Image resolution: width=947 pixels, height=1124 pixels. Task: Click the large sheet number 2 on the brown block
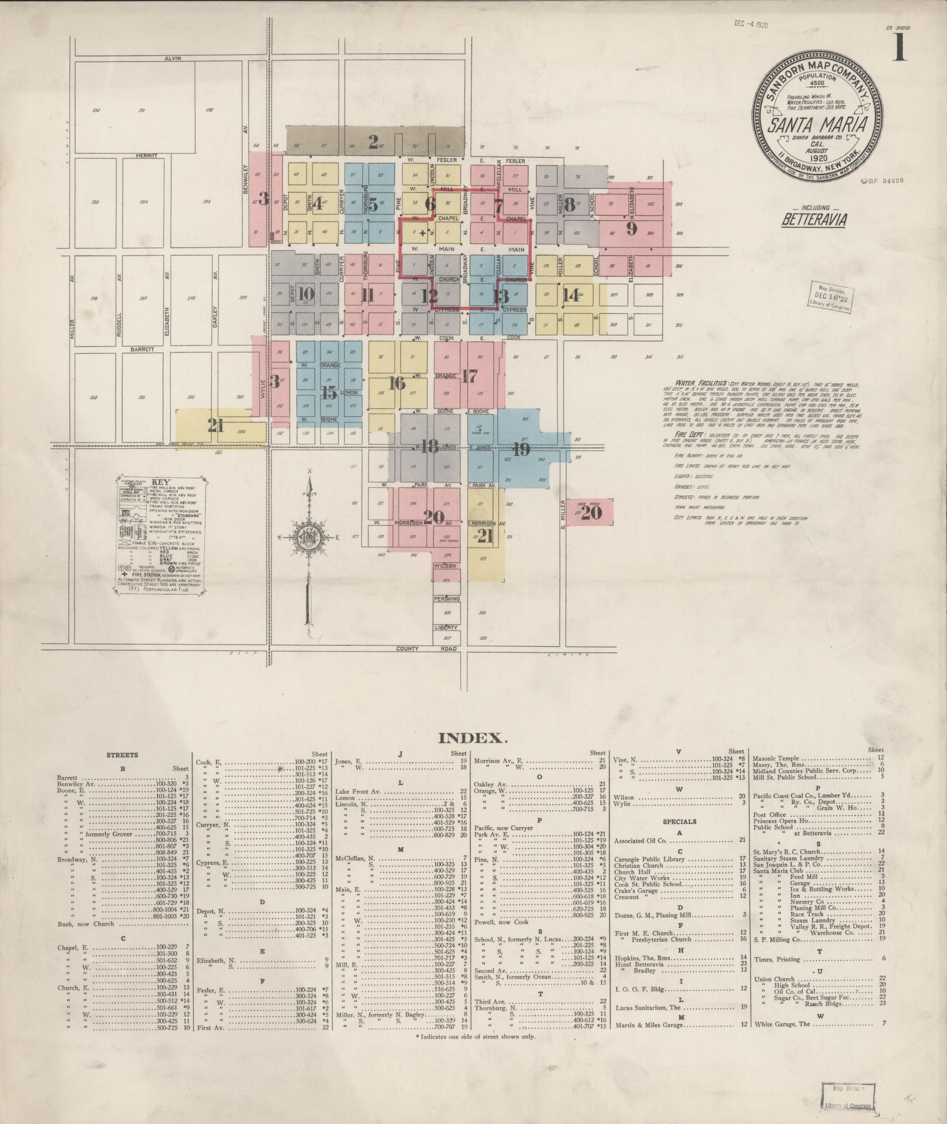(x=373, y=141)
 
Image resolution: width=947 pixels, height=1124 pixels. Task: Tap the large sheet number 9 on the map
(x=631, y=229)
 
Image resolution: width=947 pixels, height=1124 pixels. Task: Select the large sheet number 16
(x=397, y=383)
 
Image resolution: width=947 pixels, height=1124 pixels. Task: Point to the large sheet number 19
(x=521, y=449)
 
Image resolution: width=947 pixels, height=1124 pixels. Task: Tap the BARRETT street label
(x=143, y=348)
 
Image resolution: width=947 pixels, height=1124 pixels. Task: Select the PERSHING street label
(x=446, y=599)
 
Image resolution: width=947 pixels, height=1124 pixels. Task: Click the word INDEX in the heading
(x=472, y=738)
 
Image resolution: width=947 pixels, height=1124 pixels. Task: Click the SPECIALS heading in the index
(x=679, y=821)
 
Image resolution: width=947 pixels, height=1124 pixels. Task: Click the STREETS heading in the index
(x=122, y=755)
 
